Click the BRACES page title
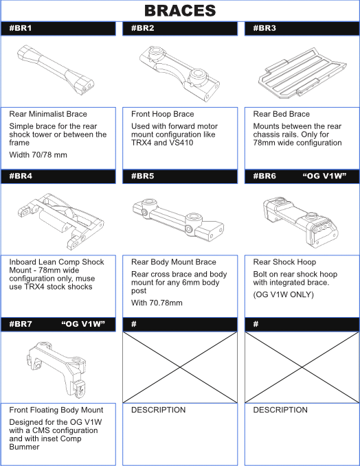click(x=180, y=11)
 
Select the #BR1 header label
click(x=21, y=28)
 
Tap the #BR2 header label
click(x=143, y=28)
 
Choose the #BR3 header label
click(x=265, y=28)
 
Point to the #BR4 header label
click(x=21, y=176)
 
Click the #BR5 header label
click(x=143, y=176)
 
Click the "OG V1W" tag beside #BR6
click(x=324, y=176)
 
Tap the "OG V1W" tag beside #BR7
click(x=83, y=324)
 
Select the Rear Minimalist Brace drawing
click(x=56, y=70)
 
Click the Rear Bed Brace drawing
click(x=302, y=73)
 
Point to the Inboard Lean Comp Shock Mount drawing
click(x=60, y=222)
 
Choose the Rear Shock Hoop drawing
click(x=301, y=221)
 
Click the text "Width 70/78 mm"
click(x=38, y=155)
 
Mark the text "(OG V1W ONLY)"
click(x=284, y=294)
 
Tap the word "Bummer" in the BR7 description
click(x=24, y=447)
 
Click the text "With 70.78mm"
click(x=157, y=303)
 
